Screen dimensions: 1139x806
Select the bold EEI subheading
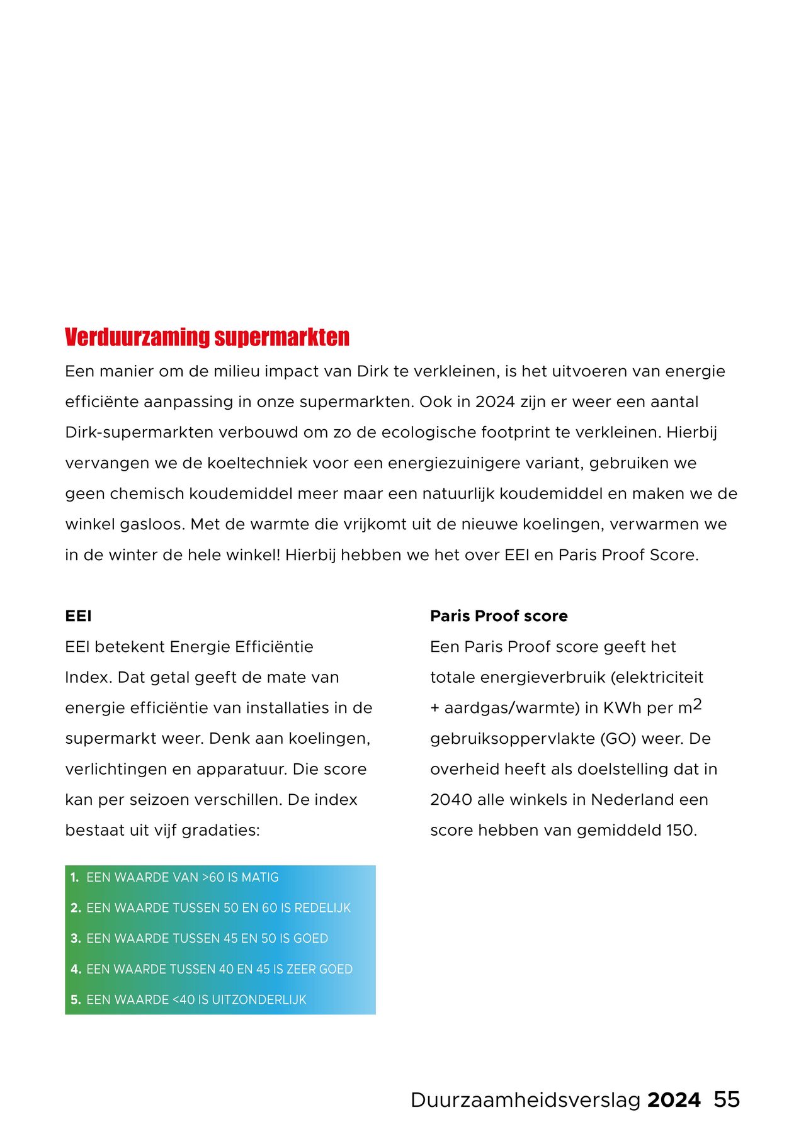click(x=78, y=616)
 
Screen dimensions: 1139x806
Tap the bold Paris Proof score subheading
click(x=498, y=616)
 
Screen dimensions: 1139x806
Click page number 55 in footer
click(x=726, y=1099)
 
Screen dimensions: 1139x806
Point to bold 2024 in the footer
click(x=673, y=1100)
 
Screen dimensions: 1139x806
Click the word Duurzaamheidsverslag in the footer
click(x=525, y=1100)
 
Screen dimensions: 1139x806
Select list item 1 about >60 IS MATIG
click(x=182, y=877)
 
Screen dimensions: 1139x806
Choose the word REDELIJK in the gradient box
click(x=322, y=908)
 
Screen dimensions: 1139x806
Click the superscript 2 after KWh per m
click(x=697, y=704)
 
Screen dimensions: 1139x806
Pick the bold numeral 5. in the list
click(x=76, y=1000)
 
